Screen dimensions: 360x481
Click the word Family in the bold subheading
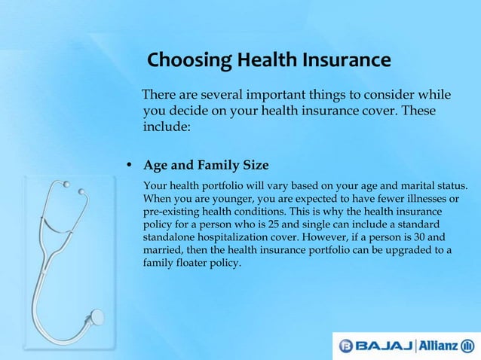point(218,165)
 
